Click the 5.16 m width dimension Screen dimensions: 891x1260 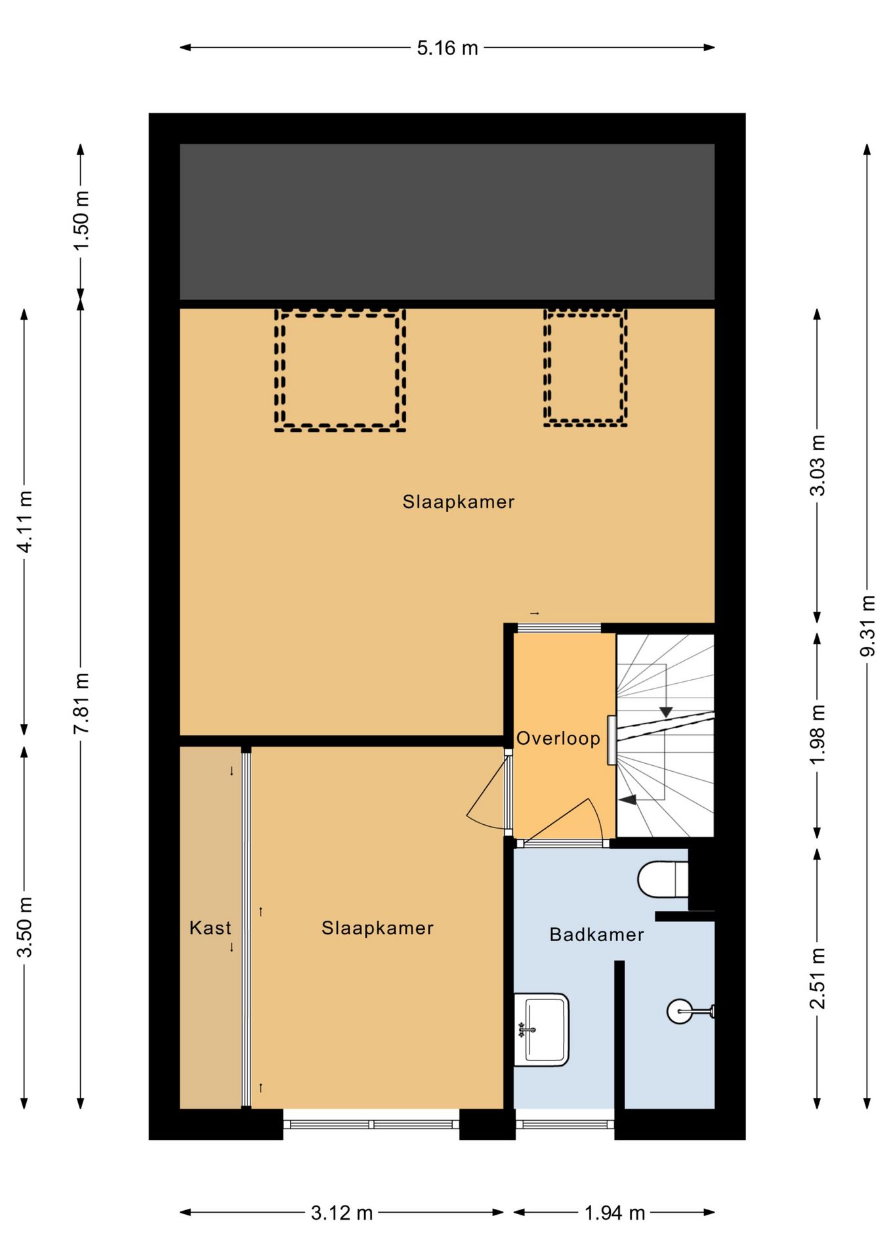[x=447, y=48]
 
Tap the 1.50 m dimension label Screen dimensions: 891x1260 [x=81, y=220]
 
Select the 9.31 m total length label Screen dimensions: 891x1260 [x=867, y=625]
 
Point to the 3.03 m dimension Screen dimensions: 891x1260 [x=818, y=465]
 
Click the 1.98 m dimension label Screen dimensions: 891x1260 [x=818, y=734]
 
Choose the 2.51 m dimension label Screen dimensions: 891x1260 [x=818, y=978]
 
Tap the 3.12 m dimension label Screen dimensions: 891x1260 [x=342, y=1213]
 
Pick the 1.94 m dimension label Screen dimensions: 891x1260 [x=615, y=1213]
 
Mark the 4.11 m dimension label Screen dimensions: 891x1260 [x=25, y=522]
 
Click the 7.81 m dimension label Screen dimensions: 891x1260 [x=81, y=703]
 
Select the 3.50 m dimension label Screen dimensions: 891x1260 [x=25, y=927]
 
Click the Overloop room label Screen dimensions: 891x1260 [x=558, y=738]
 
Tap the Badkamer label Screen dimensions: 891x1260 [x=596, y=934]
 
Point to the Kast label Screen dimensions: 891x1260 [x=211, y=928]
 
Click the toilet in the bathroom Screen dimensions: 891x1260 [x=663, y=879]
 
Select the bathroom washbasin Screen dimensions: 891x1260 [x=541, y=1030]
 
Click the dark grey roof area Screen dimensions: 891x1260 [x=447, y=222]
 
